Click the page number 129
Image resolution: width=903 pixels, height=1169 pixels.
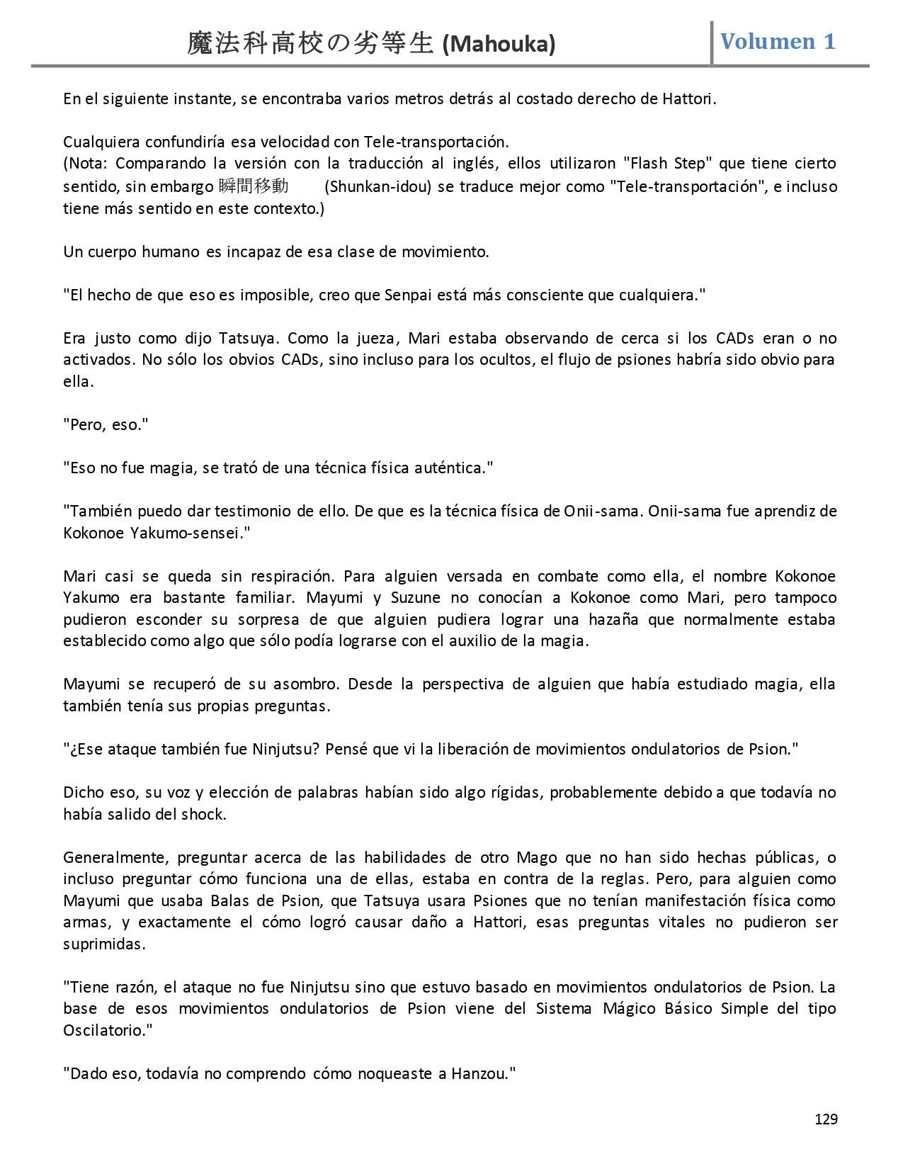click(826, 1119)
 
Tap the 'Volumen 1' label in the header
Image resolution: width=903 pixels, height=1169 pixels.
click(778, 42)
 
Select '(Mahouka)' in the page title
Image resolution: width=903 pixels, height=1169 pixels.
click(499, 45)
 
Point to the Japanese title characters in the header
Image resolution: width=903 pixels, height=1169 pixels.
click(310, 44)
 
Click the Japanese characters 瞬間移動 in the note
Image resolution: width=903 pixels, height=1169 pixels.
click(254, 186)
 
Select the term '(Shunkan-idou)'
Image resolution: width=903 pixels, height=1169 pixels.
click(378, 187)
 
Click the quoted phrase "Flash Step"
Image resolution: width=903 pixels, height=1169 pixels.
click(669, 164)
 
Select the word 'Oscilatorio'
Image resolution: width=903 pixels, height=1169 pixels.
click(103, 1030)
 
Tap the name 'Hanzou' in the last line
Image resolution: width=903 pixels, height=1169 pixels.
click(478, 1074)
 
